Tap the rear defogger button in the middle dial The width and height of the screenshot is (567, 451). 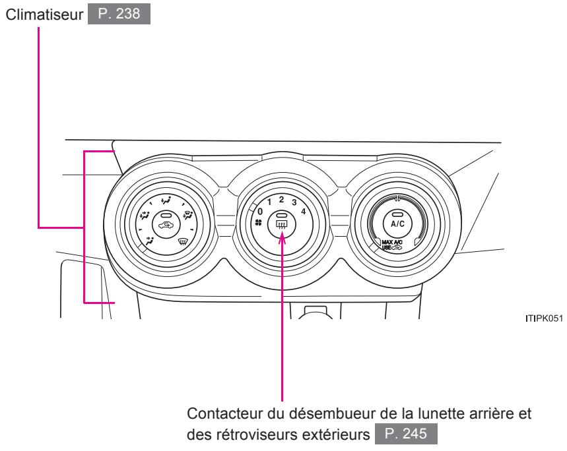click(x=282, y=222)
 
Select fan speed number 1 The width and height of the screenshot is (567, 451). click(x=269, y=201)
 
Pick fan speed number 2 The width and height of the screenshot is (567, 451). click(x=281, y=198)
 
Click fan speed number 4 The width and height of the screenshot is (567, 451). click(x=303, y=211)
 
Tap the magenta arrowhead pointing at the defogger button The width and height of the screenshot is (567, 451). click(x=283, y=236)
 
